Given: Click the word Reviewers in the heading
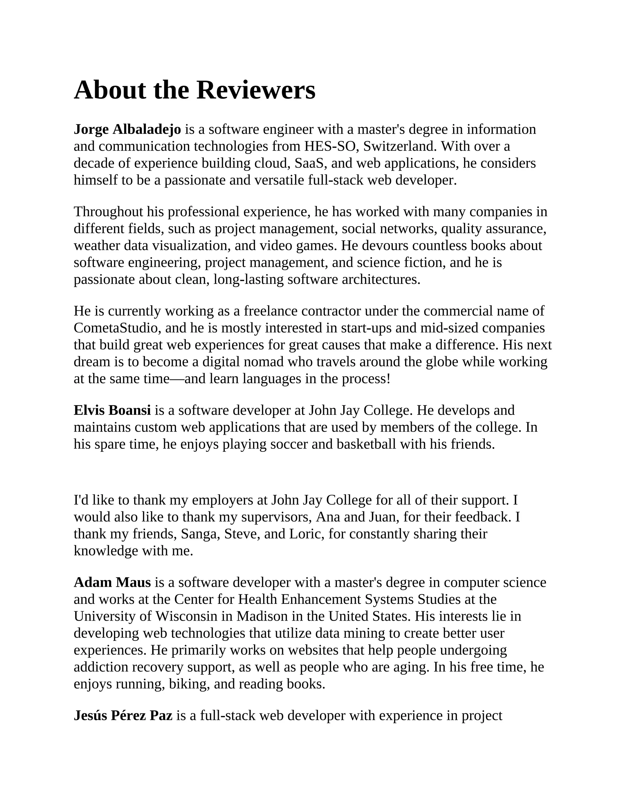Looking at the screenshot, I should pyautogui.click(x=256, y=90).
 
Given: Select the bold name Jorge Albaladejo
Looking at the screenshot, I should pyautogui.click(x=127, y=129).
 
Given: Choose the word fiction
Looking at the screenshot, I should pyautogui.click(x=420, y=263).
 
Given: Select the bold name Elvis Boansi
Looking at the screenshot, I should pyautogui.click(x=112, y=410).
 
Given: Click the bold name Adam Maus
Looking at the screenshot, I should pyautogui.click(x=112, y=582).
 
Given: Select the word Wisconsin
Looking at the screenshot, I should pyautogui.click(x=186, y=616).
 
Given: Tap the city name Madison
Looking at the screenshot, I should pyautogui.click(x=262, y=616).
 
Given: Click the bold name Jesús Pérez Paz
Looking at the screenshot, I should pyautogui.click(x=123, y=715).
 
